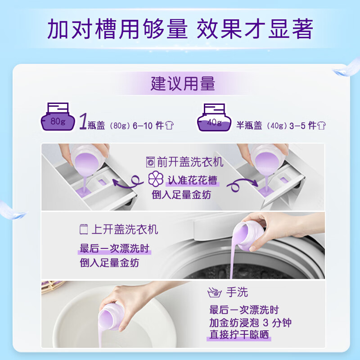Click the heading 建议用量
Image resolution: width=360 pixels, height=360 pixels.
(x=183, y=84)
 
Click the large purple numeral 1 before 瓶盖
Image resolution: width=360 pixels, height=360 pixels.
(x=83, y=121)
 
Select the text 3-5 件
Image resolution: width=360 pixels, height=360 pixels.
(x=300, y=126)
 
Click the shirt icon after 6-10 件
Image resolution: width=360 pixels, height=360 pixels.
(x=169, y=126)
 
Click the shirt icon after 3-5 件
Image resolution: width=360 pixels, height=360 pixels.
(x=321, y=126)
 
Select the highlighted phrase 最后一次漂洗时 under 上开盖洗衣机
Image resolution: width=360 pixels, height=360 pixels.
(x=114, y=248)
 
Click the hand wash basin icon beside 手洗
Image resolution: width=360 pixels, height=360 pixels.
(x=214, y=293)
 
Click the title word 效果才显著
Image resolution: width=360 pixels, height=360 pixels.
(x=255, y=29)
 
